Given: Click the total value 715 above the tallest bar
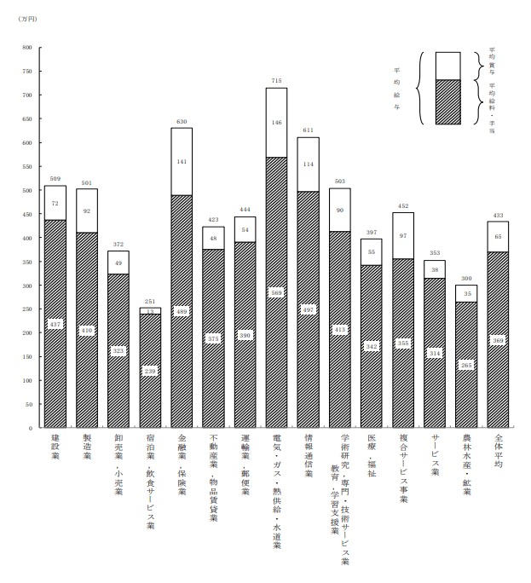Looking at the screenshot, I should [x=276, y=81].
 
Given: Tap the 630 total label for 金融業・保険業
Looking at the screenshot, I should [x=182, y=122].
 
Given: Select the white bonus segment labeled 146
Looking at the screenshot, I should [x=276, y=123].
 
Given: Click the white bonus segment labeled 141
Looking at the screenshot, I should [x=182, y=161].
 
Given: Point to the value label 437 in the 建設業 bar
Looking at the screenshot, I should [x=55, y=324].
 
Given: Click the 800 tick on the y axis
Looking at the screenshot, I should [x=27, y=48].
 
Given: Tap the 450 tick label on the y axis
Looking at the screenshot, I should [x=27, y=214].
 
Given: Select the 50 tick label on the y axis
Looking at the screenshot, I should [x=28, y=404].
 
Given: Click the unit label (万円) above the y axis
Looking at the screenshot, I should [x=27, y=19].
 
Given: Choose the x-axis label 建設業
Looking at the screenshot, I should [x=55, y=447].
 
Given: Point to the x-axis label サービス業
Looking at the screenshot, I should [x=435, y=453].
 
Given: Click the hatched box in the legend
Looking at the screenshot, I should [x=447, y=102].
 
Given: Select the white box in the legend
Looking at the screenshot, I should [x=447, y=66].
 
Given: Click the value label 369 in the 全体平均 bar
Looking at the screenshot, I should [x=499, y=340].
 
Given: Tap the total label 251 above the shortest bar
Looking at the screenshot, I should [x=150, y=302].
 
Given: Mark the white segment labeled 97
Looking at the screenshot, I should [x=403, y=235].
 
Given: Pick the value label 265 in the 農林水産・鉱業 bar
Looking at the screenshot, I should [x=466, y=365].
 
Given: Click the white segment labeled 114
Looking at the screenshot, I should [x=308, y=164].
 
